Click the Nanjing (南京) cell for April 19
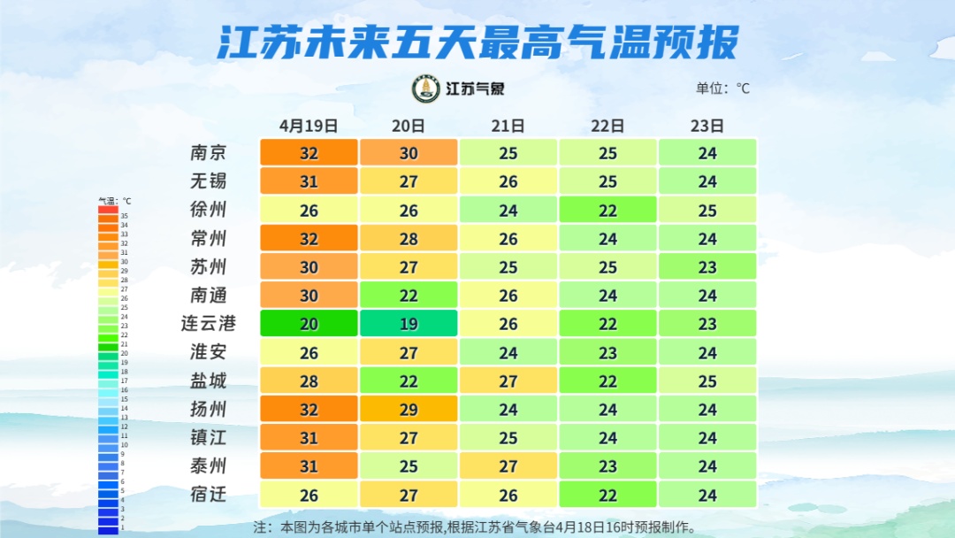[x=309, y=152]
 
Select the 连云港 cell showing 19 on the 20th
[x=409, y=324]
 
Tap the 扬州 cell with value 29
[x=409, y=409]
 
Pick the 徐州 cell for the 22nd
[x=607, y=210]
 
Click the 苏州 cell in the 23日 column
[x=707, y=266]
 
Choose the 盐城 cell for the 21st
[x=508, y=380]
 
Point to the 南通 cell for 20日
[x=409, y=295]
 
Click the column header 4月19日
[x=309, y=126]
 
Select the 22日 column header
[x=607, y=126]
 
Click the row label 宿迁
[x=209, y=494]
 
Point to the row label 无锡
[x=209, y=181]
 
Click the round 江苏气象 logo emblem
[x=426, y=88]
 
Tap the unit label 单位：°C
[x=722, y=88]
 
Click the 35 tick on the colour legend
[x=125, y=215]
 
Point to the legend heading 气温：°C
[x=114, y=201]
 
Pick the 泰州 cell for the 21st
[x=508, y=465]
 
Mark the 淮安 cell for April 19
[x=309, y=352]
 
